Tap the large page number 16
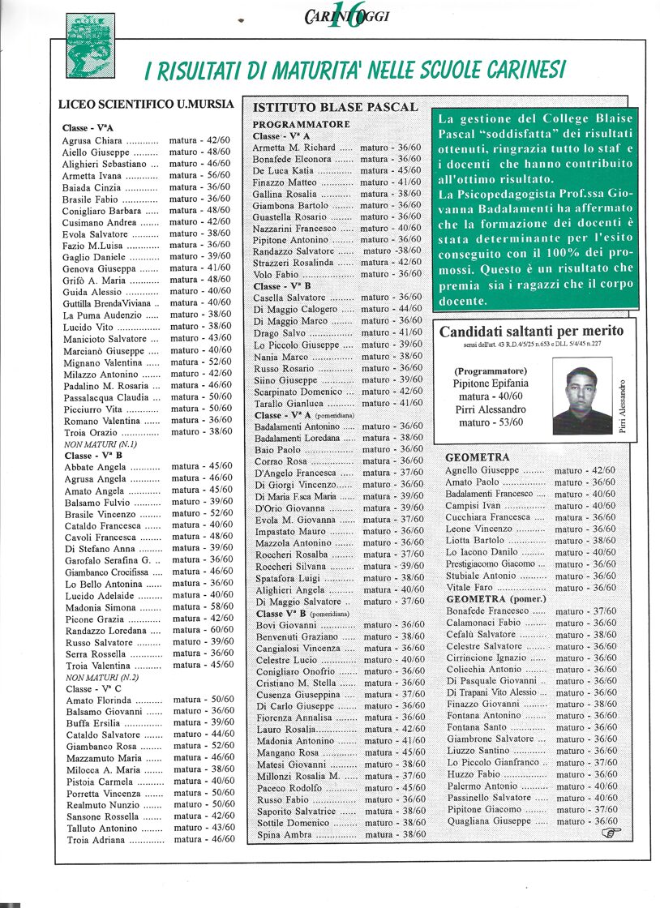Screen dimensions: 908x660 [345, 15]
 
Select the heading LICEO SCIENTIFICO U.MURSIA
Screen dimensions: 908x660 [147, 105]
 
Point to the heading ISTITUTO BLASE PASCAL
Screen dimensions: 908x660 [336, 107]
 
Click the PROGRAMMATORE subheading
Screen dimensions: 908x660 [302, 124]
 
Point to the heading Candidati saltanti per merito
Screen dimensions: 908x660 [531, 331]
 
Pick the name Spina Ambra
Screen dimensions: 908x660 [284, 835]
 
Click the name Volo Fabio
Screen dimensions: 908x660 [276, 274]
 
